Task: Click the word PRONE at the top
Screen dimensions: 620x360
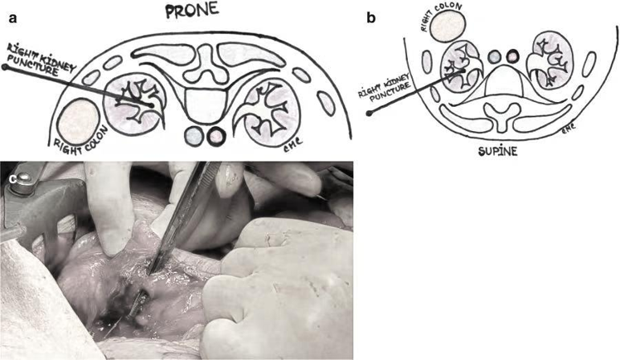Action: [x=192, y=10]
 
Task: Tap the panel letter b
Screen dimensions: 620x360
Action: [x=371, y=18]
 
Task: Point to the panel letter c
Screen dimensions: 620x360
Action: [x=12, y=179]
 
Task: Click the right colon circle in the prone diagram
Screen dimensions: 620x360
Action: [x=78, y=122]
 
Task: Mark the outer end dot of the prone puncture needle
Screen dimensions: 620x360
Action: [x=5, y=67]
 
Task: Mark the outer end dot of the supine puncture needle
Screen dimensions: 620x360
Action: [x=370, y=114]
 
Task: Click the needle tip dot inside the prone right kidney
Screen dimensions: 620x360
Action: [x=152, y=105]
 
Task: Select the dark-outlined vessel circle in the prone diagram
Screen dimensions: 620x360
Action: [x=216, y=137]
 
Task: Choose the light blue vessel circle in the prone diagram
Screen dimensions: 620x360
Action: [x=194, y=137]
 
